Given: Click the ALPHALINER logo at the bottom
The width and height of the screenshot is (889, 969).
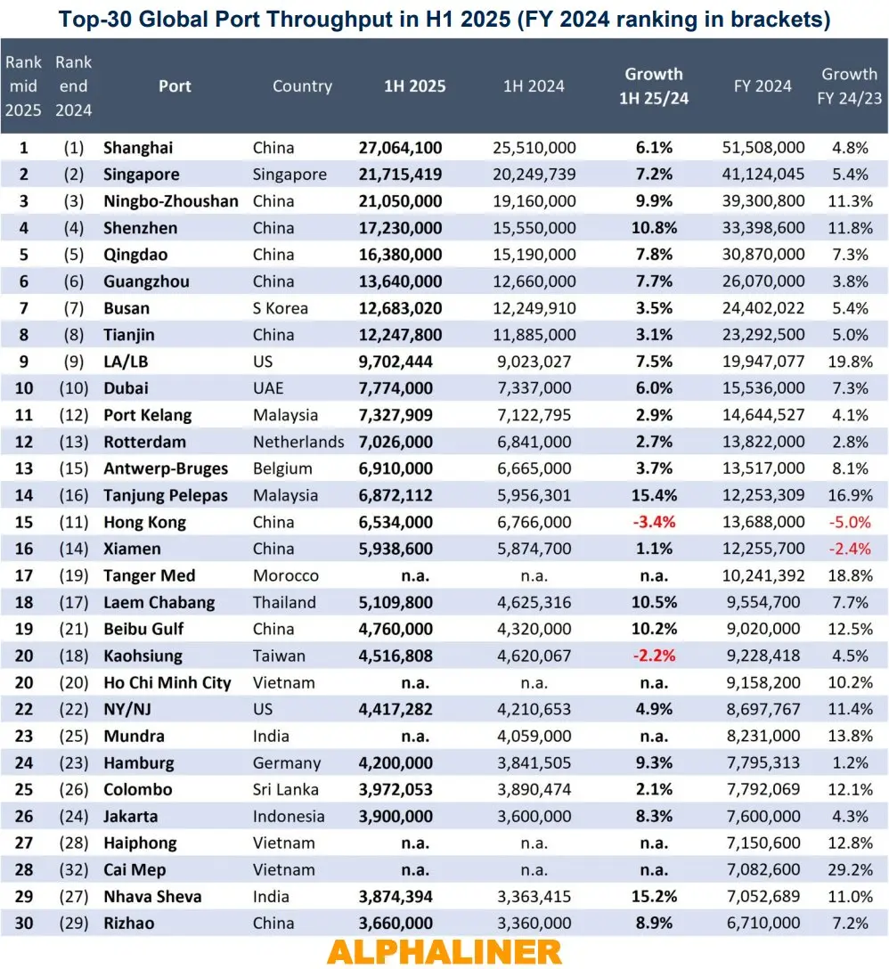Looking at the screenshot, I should [x=444, y=951].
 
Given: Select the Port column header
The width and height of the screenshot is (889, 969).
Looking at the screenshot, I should [x=175, y=86].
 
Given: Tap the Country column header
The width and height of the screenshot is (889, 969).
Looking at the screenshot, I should [x=302, y=86].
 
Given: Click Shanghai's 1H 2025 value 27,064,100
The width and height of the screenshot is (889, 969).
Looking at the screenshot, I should [x=400, y=148].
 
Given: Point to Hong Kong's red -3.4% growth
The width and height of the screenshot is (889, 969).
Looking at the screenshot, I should [x=653, y=522].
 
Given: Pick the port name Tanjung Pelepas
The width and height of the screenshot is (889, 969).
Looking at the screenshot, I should [x=165, y=495].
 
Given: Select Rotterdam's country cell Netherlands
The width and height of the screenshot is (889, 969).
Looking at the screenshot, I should [x=298, y=442].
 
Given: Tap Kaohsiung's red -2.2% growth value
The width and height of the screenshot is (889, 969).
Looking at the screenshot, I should [x=653, y=655].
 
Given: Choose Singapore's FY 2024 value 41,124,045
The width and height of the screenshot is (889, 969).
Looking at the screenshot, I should [x=763, y=175].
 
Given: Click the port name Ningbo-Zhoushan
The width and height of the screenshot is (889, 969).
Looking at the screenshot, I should [x=170, y=201].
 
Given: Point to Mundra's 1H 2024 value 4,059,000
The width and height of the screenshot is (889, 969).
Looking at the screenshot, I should [x=534, y=736].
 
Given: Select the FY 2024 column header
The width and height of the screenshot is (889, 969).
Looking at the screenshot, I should [x=763, y=86].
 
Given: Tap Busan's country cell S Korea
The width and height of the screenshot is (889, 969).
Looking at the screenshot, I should [x=280, y=308].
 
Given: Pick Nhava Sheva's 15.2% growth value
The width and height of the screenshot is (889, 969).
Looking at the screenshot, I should [x=653, y=896].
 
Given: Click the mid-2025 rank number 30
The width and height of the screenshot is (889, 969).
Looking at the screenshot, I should [x=24, y=923].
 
